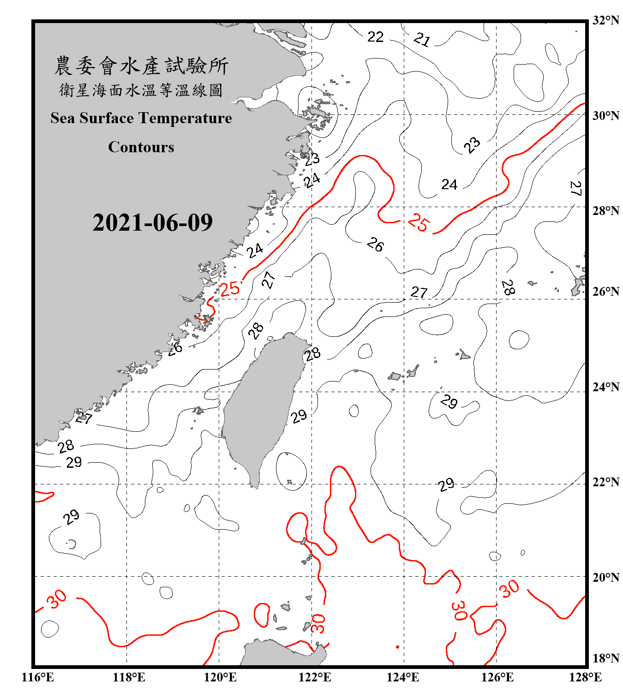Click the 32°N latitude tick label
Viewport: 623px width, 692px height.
(605, 20)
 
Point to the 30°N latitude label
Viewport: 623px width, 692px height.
(605, 116)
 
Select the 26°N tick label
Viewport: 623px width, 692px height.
(605, 292)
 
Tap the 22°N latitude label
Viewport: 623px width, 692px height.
(605, 482)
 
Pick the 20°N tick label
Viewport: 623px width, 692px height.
(605, 577)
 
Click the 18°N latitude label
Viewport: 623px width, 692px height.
(605, 658)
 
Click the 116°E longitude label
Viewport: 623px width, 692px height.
(38, 677)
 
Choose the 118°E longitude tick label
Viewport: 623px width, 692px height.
(129, 677)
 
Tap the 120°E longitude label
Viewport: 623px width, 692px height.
(220, 677)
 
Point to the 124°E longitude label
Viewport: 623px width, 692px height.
(403, 677)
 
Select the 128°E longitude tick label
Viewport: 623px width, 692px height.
(585, 677)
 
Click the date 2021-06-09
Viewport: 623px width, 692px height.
(152, 223)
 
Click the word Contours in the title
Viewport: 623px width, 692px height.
(141, 147)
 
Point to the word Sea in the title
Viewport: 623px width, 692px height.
(62, 119)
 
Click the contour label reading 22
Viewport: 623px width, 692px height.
(375, 37)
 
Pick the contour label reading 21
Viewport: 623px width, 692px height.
(422, 40)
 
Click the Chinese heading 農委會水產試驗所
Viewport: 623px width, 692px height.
(141, 66)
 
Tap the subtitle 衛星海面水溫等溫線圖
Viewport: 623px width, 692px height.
(141, 90)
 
